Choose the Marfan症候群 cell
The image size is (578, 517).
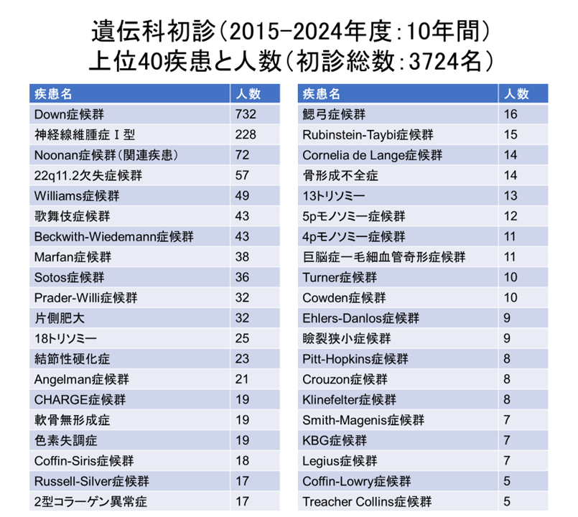click(x=73, y=256)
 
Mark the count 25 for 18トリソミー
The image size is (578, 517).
click(x=242, y=337)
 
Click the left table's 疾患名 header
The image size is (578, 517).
click(x=52, y=94)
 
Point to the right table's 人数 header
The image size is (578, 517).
click(x=515, y=94)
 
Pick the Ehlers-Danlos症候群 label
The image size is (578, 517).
click(x=361, y=317)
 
